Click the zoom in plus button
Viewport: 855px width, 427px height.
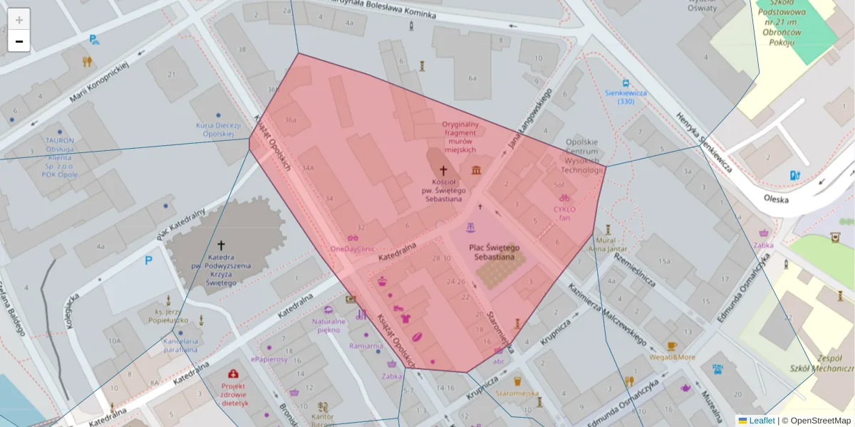19,19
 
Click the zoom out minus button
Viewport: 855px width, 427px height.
19,41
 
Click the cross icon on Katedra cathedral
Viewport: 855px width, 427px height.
221,245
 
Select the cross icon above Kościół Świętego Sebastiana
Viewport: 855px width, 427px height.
443,170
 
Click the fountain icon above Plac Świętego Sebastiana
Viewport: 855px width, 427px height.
470,228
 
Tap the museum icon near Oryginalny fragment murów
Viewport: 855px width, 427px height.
476,169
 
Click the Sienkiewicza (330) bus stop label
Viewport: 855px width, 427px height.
625,97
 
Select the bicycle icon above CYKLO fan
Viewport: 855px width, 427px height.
564,198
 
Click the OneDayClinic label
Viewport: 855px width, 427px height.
353,249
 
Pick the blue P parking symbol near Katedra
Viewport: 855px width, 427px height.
149,260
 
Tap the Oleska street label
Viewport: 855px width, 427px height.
775,199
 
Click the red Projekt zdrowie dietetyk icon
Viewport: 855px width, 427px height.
233,374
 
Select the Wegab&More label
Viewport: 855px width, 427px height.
671,357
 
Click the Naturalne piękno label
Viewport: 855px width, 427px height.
328,325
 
